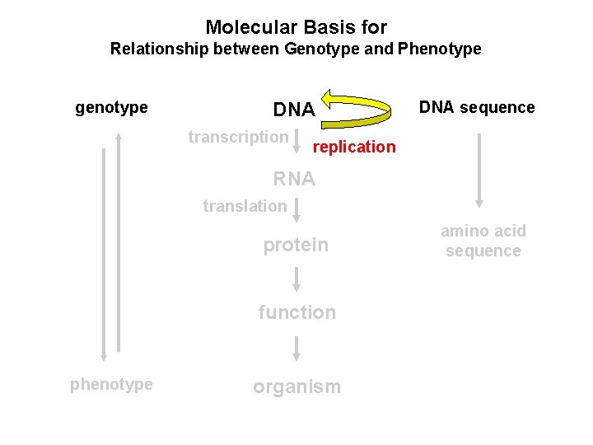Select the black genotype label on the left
pos(111,108)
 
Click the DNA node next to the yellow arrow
pos(293,110)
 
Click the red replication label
pos(354,147)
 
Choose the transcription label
pos(238,137)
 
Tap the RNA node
pos(294,179)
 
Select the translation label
pos(245,206)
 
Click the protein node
pos(296,245)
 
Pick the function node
pos(296,312)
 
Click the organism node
pos(296,387)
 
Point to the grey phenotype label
pos(111,384)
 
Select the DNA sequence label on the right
pos(477,107)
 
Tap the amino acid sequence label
pos(483,241)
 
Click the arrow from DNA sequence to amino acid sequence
pos(479,171)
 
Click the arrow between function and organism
pos(296,349)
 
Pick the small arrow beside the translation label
pos(296,209)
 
